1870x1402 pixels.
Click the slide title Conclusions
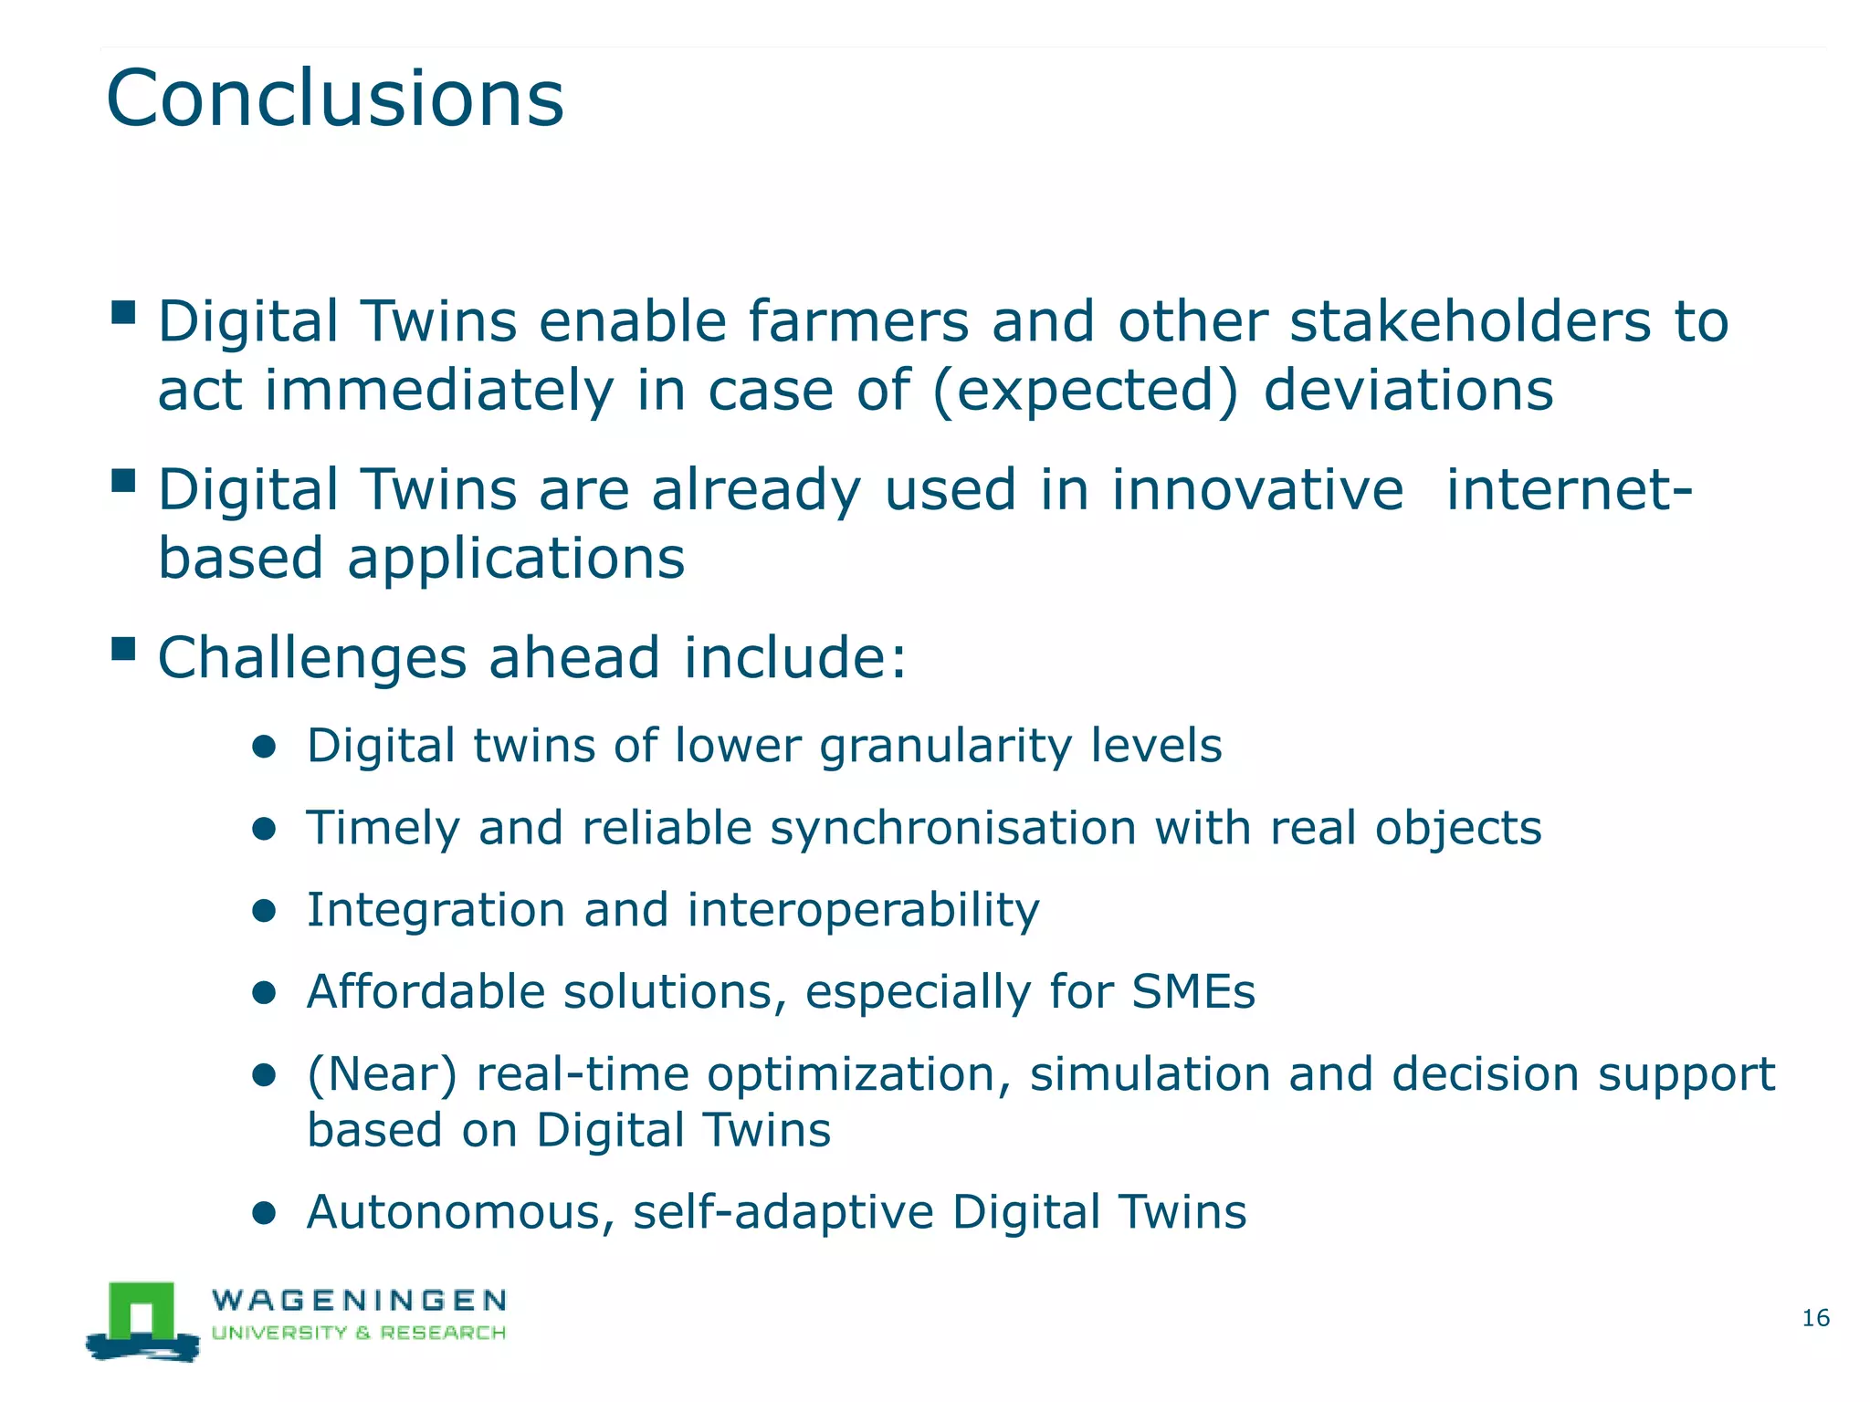[334, 99]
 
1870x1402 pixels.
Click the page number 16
[1815, 1318]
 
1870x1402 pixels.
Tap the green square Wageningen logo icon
[142, 1314]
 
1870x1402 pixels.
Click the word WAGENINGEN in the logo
[359, 1300]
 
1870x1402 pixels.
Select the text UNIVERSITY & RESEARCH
[359, 1333]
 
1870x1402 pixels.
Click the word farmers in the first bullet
[858, 322]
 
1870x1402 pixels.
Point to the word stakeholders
[1470, 322]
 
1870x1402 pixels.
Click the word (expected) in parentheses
[1086, 391]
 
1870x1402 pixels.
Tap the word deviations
[1408, 391]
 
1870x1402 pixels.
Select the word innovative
[1256, 490]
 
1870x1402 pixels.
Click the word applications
[516, 559]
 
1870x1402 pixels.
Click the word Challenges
[312, 659]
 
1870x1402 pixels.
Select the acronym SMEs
[1193, 992]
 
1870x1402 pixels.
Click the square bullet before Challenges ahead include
[123, 650]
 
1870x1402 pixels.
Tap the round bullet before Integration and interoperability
[264, 911]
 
